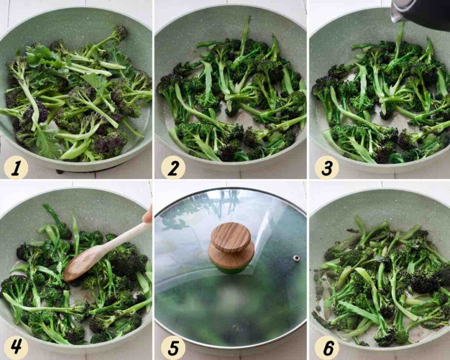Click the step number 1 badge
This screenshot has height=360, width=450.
pyautogui.click(x=16, y=168)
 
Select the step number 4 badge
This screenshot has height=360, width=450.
pyautogui.click(x=16, y=347)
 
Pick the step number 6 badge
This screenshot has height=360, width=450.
pyautogui.click(x=327, y=348)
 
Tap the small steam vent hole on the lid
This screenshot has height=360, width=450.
pyautogui.click(x=297, y=258)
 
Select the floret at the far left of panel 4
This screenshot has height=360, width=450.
pyautogui.click(x=9, y=284)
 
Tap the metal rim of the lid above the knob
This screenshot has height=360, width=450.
pyautogui.click(x=230, y=189)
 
